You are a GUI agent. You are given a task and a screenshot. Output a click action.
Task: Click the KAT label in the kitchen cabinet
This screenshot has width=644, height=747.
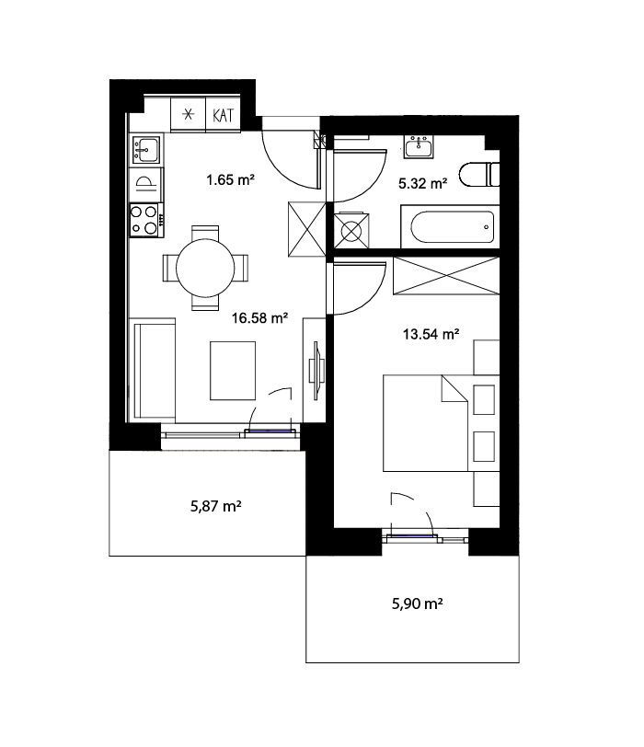tap(223, 115)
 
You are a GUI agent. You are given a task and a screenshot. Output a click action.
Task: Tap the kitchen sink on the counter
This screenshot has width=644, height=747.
tap(145, 150)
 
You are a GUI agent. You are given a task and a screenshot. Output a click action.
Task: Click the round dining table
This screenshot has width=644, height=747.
tap(205, 269)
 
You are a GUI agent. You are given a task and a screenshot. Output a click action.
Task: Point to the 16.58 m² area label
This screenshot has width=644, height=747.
tap(259, 317)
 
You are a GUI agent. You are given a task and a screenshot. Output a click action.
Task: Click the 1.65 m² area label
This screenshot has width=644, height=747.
tap(230, 179)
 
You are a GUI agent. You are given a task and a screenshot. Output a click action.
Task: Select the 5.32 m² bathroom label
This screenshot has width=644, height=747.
tap(422, 183)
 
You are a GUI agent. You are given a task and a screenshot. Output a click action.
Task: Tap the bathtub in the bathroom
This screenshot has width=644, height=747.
tap(450, 226)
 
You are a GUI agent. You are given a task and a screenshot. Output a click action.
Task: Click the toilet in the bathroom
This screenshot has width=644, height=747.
tap(479, 175)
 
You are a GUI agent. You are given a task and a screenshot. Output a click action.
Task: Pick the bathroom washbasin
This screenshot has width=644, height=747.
tap(419, 146)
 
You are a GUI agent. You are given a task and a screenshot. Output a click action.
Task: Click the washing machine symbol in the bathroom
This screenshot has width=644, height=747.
tap(351, 231)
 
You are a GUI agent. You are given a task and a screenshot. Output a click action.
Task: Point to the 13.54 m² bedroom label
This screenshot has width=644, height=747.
tap(431, 334)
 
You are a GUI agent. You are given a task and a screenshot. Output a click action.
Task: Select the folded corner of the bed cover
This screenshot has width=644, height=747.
tap(454, 389)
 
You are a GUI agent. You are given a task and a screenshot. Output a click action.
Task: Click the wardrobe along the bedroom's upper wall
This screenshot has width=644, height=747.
tap(446, 276)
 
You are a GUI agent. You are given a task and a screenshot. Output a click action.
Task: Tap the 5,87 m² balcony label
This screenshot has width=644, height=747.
tap(216, 505)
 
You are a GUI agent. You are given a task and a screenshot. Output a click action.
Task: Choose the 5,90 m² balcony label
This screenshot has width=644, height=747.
tap(418, 603)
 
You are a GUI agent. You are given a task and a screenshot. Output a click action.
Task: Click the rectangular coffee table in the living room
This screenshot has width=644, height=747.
tap(233, 371)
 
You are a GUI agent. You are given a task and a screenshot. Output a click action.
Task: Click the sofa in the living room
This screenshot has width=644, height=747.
tap(152, 370)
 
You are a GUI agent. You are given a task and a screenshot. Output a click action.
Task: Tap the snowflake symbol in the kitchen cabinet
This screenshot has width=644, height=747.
tap(189, 114)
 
